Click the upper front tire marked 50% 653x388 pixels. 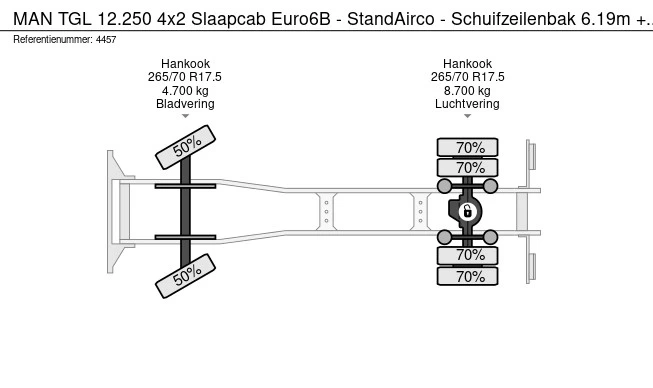(185, 147)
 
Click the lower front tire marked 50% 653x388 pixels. (185, 276)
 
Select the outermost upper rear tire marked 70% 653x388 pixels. (467, 147)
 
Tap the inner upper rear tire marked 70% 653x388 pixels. (467, 168)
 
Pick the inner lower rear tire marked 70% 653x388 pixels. (467, 255)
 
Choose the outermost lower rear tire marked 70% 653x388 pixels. (467, 276)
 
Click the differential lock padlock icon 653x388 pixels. (467, 212)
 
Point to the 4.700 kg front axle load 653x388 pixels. (185, 91)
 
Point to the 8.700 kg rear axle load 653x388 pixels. (467, 91)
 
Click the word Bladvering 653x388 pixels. (185, 104)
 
